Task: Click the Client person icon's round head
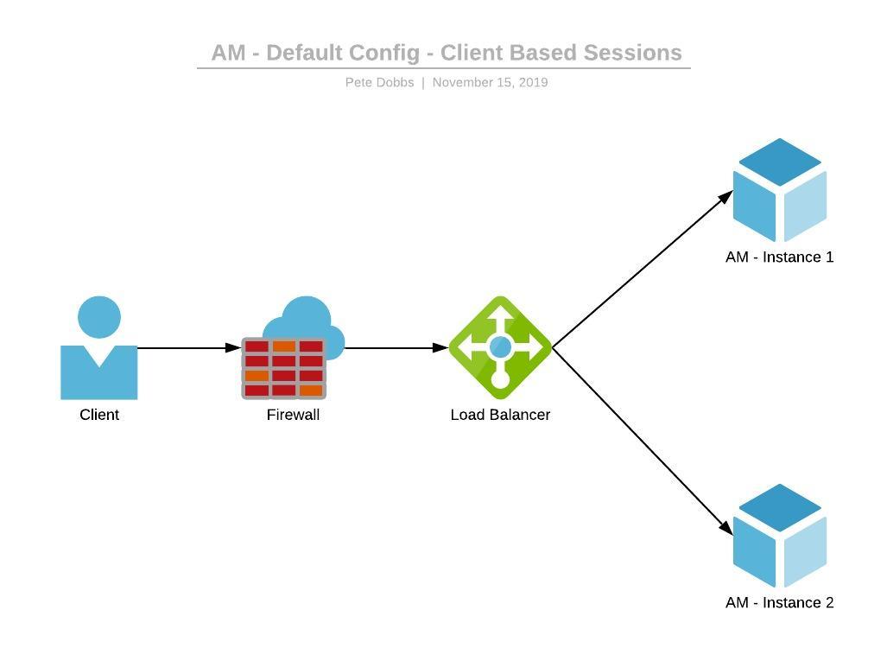pos(99,317)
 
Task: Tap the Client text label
pos(99,415)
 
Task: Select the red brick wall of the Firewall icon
pos(284,369)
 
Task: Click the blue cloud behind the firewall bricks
pos(307,316)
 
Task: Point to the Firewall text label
pos(293,415)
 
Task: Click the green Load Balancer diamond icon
pos(500,348)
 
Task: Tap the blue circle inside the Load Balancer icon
pos(500,347)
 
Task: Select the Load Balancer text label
pos(500,415)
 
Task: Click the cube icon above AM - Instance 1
pos(779,190)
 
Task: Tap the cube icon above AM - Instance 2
pos(779,536)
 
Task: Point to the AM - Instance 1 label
pos(779,257)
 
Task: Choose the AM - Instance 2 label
pos(779,602)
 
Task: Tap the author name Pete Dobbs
pos(379,82)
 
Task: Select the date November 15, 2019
pos(490,82)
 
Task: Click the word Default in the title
pos(302,53)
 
